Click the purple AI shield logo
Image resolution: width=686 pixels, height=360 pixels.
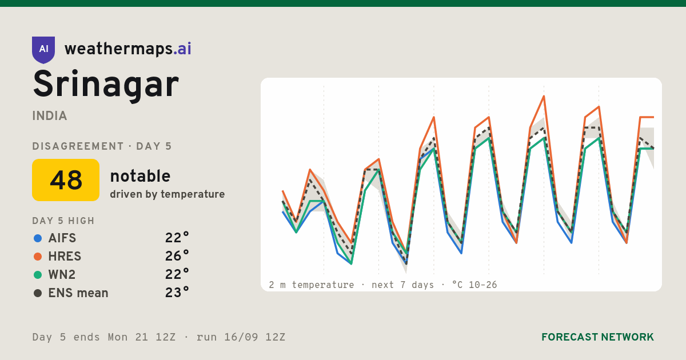click(x=43, y=50)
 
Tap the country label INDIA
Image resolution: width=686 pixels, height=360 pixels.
click(x=50, y=116)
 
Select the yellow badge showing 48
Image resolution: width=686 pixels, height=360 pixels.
click(x=66, y=180)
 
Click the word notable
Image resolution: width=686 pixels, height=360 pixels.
click(x=140, y=176)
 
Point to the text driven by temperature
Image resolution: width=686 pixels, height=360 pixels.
click(x=167, y=194)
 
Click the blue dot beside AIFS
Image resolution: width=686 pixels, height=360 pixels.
click(x=38, y=238)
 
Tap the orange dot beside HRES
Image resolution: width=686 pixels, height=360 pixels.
click(x=38, y=257)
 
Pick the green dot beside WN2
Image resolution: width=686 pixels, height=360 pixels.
click(x=38, y=275)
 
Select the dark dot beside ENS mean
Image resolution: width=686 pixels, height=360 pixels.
click(x=38, y=293)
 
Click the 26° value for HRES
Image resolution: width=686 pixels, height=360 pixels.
click(x=177, y=256)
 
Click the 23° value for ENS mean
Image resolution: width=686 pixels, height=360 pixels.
click(x=177, y=293)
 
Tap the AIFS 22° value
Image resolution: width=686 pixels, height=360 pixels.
click(x=177, y=238)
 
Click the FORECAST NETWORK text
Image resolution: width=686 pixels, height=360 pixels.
click(x=597, y=337)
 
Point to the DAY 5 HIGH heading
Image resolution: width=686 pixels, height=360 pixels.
click(x=63, y=221)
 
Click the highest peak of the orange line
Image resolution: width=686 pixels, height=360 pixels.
click(x=544, y=96)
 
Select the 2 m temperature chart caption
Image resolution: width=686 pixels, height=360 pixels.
click(x=383, y=285)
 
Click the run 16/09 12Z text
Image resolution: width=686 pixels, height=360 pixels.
click(x=241, y=337)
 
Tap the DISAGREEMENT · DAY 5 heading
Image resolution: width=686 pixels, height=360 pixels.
click(x=102, y=146)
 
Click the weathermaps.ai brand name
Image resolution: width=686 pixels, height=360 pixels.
click(x=127, y=49)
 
